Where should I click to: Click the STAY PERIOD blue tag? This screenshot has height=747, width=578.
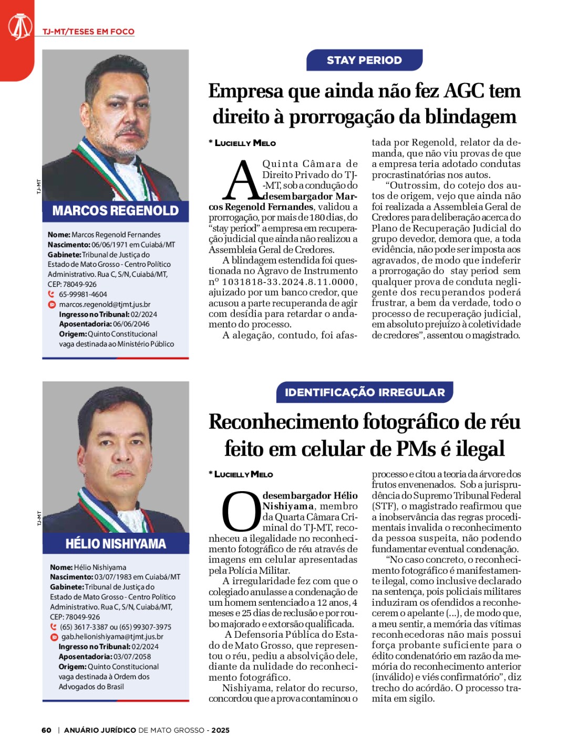364,60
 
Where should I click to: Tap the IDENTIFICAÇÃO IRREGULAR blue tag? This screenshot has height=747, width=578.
365,392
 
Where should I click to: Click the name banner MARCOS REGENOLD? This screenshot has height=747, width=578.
116,211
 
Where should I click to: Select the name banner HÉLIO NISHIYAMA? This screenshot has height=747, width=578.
116,544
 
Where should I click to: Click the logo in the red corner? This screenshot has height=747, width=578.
20,27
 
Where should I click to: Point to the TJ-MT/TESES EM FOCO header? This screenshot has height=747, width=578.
88,32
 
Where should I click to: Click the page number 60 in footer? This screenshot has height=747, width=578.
47,730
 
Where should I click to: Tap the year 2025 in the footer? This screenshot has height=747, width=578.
221,730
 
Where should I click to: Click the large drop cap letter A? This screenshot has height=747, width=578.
242,181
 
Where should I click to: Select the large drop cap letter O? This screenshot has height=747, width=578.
241,512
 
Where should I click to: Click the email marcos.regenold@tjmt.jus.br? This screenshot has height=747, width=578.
105,304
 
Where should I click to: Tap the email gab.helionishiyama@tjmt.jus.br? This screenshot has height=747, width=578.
112,637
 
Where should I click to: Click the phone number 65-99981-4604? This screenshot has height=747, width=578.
83,294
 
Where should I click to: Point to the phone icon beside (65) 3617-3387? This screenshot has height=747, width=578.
53,627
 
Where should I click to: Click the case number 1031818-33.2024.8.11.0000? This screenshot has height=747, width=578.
288,282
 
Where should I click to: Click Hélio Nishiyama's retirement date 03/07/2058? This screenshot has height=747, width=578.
132,657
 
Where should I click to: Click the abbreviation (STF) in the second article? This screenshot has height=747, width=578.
384,506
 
